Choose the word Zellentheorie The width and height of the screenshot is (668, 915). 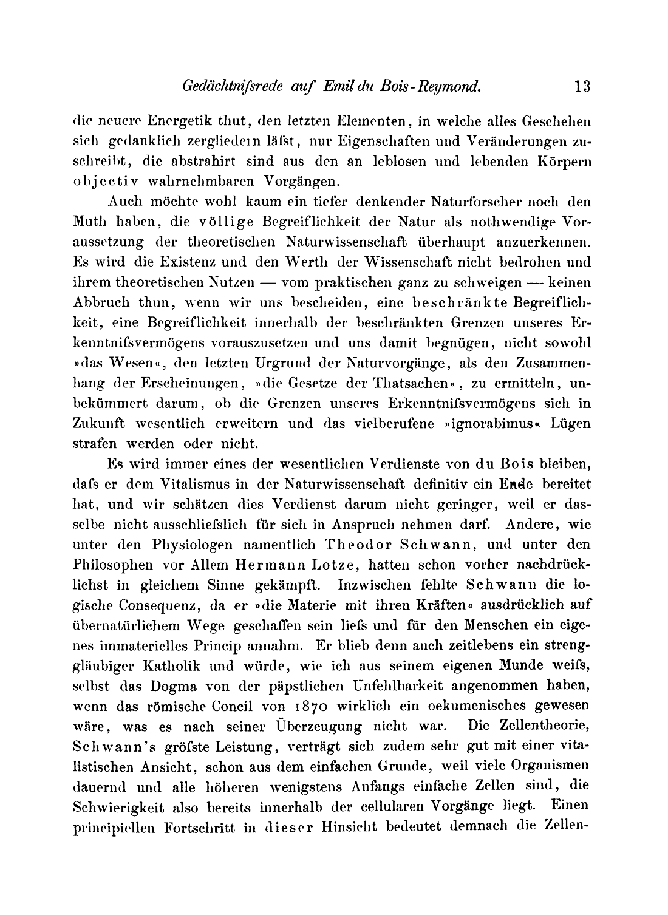tap(542, 726)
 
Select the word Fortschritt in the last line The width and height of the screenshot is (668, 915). tap(199, 828)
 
